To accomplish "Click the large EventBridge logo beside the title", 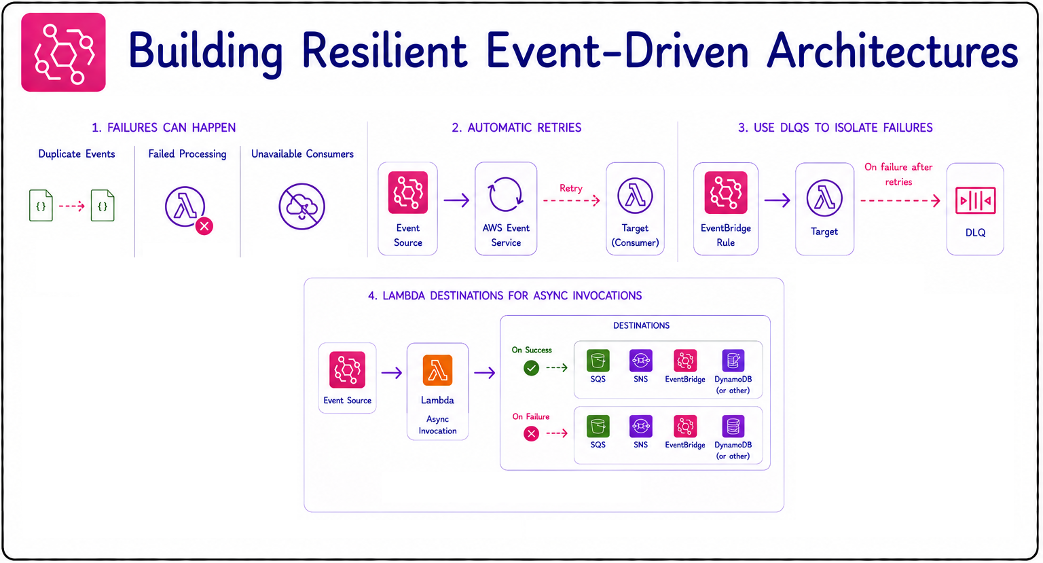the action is coord(63,52).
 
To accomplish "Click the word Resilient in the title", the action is coord(384,50).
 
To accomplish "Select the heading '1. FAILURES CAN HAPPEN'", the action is coord(164,128).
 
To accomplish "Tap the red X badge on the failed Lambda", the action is coord(204,226).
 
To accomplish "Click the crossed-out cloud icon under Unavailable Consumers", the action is coord(301,206).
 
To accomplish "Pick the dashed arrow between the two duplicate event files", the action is coord(72,206).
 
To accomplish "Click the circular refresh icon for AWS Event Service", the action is coord(505,195).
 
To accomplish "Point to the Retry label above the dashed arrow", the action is coord(571,188).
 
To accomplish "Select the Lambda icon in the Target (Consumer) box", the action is coord(635,196).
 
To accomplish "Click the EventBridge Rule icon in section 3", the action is coord(725,193).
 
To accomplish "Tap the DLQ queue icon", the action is coord(975,201).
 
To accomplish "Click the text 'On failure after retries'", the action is coord(898,174).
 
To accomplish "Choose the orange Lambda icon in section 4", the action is coord(437,370).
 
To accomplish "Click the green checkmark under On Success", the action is coord(531,368).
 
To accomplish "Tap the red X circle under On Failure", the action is coord(531,433).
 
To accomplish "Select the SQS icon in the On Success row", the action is coord(598,361).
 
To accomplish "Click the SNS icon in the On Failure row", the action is coord(641,426).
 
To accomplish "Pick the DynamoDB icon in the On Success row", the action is coord(733,361).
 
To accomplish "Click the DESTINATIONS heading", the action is coord(641,325).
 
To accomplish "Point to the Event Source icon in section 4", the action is coord(347,369).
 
